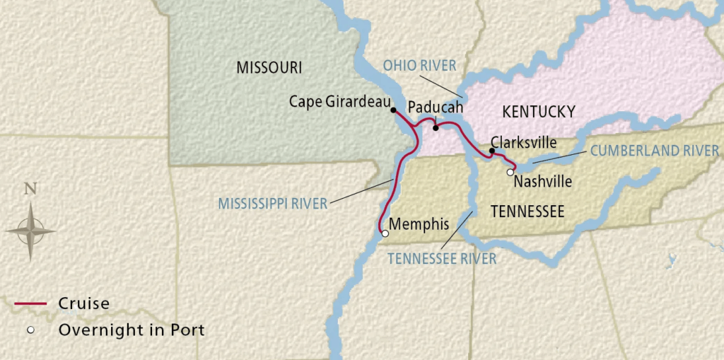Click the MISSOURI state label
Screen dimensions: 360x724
coord(269,67)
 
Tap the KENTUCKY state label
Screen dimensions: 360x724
coord(538,111)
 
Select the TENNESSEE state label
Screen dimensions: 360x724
coord(527,211)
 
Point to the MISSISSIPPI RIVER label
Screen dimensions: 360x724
coord(272,204)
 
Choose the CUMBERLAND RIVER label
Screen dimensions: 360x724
coord(654,151)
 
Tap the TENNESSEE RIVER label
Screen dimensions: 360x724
coord(442,259)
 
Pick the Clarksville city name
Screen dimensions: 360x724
coord(523,141)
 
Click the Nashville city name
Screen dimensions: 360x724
coord(542,182)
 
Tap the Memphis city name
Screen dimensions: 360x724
coord(419,224)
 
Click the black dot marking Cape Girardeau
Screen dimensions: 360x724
coord(393,110)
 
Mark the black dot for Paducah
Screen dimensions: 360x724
coord(436,127)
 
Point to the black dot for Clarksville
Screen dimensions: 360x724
coord(492,151)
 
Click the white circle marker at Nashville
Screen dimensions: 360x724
coord(510,172)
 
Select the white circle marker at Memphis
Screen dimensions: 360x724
coord(385,233)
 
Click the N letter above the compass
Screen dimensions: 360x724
coord(30,189)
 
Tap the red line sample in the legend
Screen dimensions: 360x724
coord(31,304)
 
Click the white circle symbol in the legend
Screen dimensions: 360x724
coord(30,330)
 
